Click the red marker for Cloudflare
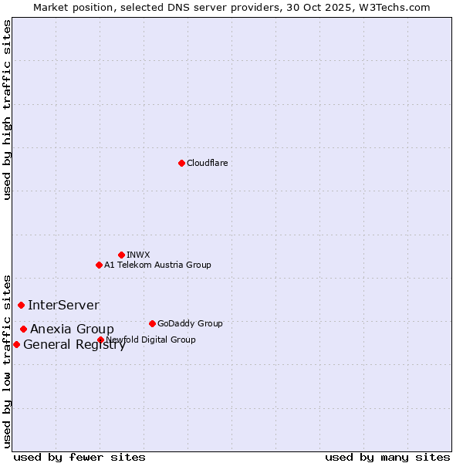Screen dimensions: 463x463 click(181, 163)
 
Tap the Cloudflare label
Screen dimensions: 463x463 click(207, 163)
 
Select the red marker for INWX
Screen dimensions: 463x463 click(121, 255)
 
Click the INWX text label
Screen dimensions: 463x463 click(138, 255)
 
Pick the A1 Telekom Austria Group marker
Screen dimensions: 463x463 click(99, 265)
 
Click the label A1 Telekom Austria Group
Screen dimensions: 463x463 click(157, 265)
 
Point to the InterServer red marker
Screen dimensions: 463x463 click(21, 305)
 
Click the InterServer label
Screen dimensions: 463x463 click(63, 305)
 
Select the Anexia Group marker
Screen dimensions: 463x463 click(23, 329)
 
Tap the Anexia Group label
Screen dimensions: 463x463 click(72, 329)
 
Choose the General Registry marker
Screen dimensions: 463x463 click(16, 344)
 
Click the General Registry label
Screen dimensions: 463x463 click(74, 344)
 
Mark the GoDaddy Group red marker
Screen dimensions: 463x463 click(152, 323)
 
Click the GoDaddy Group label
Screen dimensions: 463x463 click(190, 323)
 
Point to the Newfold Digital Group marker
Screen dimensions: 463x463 click(100, 340)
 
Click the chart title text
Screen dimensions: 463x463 click(231, 7)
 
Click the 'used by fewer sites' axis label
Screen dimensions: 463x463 click(79, 457)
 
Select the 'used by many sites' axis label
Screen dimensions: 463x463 click(387, 457)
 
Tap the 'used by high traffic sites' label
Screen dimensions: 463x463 click(8, 110)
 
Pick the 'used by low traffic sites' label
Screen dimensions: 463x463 click(8, 360)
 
